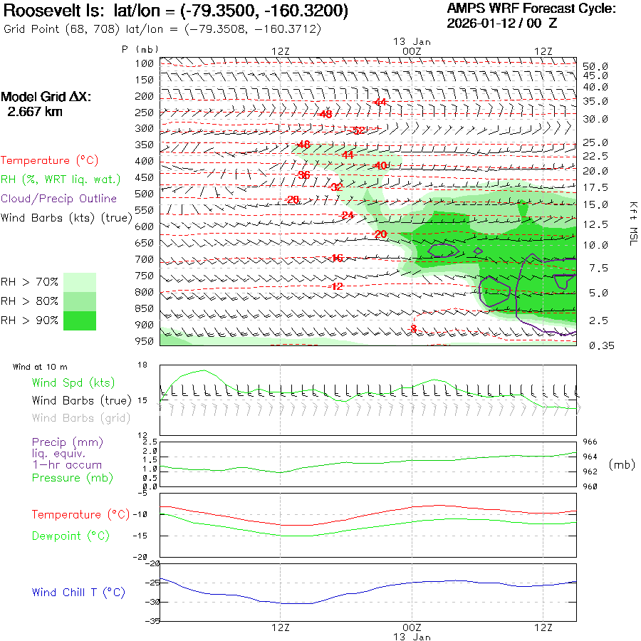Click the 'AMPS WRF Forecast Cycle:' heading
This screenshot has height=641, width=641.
(x=531, y=9)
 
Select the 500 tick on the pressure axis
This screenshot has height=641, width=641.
(x=145, y=194)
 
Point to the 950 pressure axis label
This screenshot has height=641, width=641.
(x=145, y=341)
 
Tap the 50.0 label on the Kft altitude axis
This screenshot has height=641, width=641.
(x=595, y=66)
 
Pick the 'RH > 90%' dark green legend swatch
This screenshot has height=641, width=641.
(x=79, y=320)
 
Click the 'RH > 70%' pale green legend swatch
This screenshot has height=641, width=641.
(x=79, y=282)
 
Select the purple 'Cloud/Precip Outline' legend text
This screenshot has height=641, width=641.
(x=59, y=199)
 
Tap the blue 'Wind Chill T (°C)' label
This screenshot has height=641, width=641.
(x=78, y=593)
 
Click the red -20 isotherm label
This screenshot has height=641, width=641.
(x=380, y=234)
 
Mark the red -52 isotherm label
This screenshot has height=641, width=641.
(x=358, y=130)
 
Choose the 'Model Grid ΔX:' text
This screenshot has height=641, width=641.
(x=46, y=97)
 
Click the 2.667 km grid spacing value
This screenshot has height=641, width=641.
(x=35, y=112)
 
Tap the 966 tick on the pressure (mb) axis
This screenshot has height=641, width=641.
(x=590, y=442)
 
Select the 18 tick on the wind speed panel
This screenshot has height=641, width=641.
(x=142, y=365)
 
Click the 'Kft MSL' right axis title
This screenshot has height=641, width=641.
(x=632, y=224)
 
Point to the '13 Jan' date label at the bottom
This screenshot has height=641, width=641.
(x=412, y=637)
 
